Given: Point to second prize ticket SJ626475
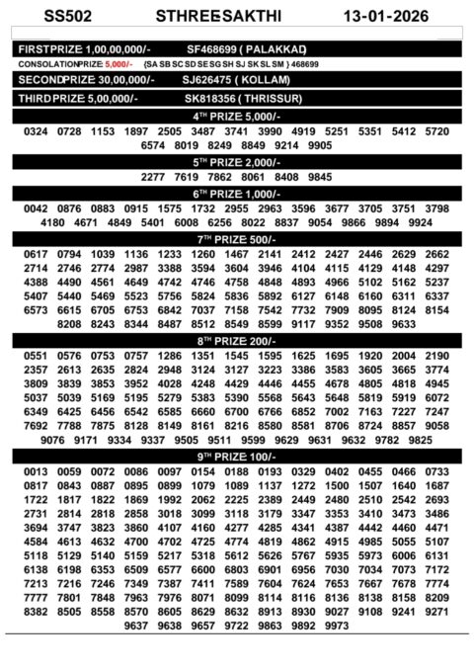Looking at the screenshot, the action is [x=208, y=81].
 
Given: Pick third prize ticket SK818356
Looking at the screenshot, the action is [x=209, y=99].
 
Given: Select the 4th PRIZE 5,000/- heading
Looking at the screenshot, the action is [x=237, y=116].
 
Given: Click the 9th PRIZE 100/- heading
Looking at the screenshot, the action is [x=237, y=457].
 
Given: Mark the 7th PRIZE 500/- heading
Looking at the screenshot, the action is [x=237, y=238].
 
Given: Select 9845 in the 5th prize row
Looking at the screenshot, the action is [x=320, y=177].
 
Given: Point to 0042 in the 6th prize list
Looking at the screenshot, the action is [x=36, y=209].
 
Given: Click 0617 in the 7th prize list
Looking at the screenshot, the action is [x=36, y=254].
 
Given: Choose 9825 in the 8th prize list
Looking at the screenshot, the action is [x=447, y=440].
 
